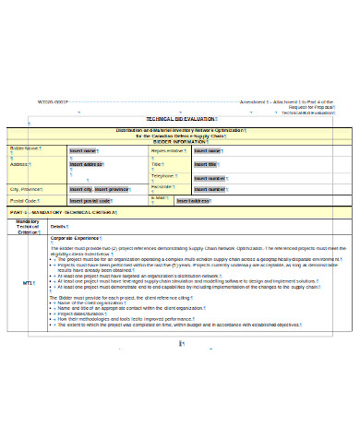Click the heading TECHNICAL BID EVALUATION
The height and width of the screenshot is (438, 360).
[180, 120]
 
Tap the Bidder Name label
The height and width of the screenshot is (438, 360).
[26, 149]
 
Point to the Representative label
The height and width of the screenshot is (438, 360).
[168, 150]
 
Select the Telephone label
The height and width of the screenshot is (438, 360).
[163, 175]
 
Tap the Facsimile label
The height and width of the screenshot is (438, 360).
[164, 187]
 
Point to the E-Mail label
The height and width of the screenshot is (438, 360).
[159, 198]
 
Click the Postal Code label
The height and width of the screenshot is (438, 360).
[24, 200]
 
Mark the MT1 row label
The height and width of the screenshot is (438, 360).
[28, 281]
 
